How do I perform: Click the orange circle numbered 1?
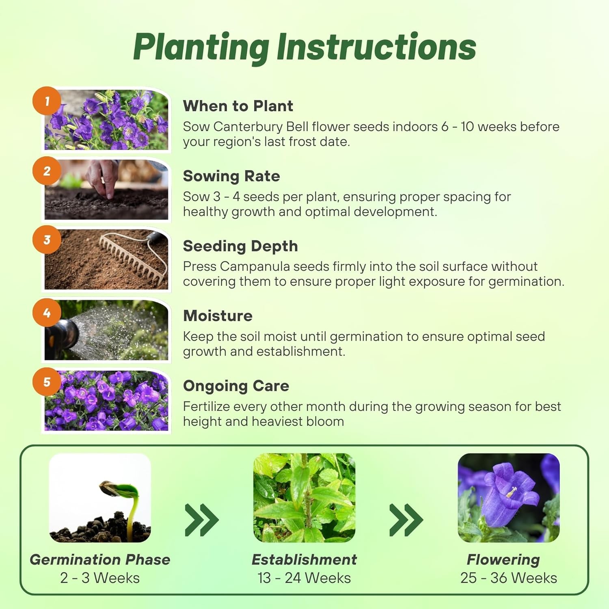[47, 101]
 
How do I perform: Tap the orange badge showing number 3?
[47, 240]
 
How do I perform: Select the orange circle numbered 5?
[47, 382]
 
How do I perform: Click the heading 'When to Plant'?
[238, 106]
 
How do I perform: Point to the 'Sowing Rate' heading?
[231, 176]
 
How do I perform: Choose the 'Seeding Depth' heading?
[240, 246]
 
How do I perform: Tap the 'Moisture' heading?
[218, 316]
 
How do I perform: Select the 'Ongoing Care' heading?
[236, 386]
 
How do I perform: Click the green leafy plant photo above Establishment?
[304, 498]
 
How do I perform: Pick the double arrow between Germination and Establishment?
[202, 520]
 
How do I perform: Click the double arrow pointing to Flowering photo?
[406, 520]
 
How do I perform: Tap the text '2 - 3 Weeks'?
[100, 578]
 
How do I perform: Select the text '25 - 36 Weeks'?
[509, 578]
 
